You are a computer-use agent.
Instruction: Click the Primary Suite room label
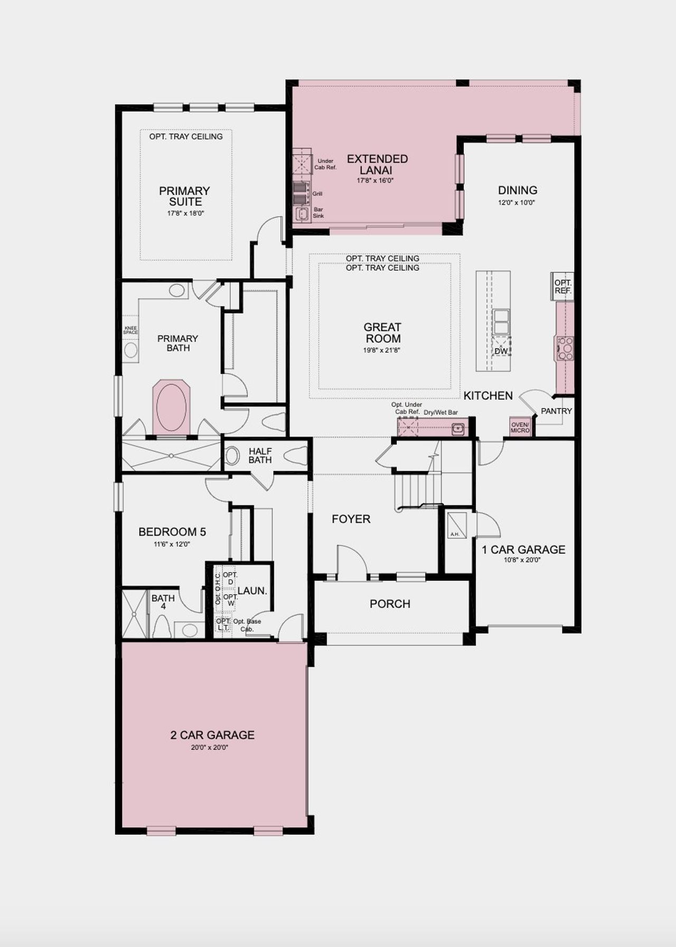coord(184,196)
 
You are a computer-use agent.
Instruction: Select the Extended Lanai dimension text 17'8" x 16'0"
coord(375,181)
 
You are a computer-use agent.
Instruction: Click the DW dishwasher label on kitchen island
coord(501,351)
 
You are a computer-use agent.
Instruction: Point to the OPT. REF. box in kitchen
coord(562,287)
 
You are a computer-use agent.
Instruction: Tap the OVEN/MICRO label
coord(520,427)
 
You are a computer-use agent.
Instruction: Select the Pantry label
coord(556,411)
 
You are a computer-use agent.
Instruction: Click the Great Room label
coord(383,333)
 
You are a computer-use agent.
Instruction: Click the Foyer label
coord(351,519)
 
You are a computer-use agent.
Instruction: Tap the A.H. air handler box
coord(455,525)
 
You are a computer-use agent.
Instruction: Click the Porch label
coord(390,604)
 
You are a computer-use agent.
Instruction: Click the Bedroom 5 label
coord(172,532)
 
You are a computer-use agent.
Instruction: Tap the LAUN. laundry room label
coord(252,591)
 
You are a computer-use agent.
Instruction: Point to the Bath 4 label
coord(163,602)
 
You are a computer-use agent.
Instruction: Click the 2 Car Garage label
coord(212,735)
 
